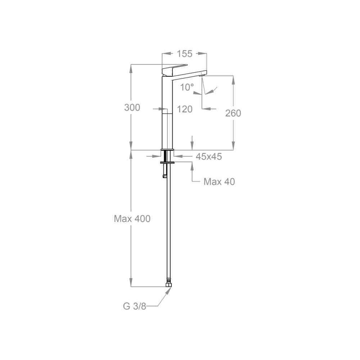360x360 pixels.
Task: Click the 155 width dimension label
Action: pyautogui.click(x=185, y=54)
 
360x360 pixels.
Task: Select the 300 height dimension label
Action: pyautogui.click(x=132, y=107)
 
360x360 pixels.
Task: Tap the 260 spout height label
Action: pyautogui.click(x=233, y=113)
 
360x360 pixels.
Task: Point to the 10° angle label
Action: pyautogui.click(x=187, y=87)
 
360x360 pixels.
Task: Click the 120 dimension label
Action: pyautogui.click(x=185, y=109)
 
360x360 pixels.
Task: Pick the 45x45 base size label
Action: pyautogui.click(x=209, y=157)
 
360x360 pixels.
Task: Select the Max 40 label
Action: pyautogui.click(x=219, y=182)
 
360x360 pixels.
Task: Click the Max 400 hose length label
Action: pyautogui.click(x=132, y=219)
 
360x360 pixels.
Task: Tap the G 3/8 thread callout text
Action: pyautogui.click(x=135, y=306)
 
